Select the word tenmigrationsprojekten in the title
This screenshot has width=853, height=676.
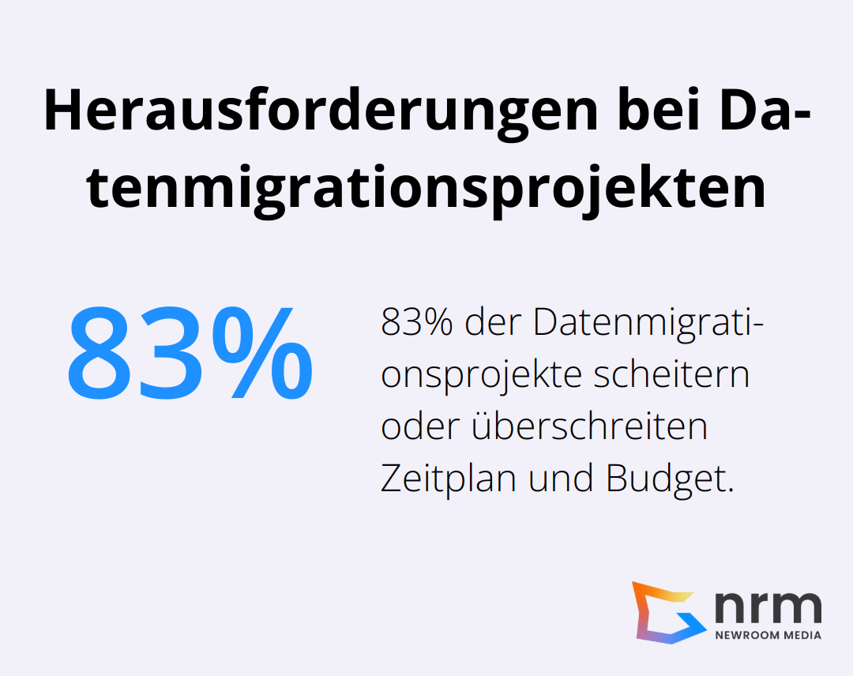point(426,190)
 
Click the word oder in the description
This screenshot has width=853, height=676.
point(420,427)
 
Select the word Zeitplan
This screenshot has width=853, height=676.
point(449,479)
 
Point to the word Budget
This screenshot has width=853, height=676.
point(670,479)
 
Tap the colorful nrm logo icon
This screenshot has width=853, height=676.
point(667,612)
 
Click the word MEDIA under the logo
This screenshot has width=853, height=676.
point(802,635)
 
